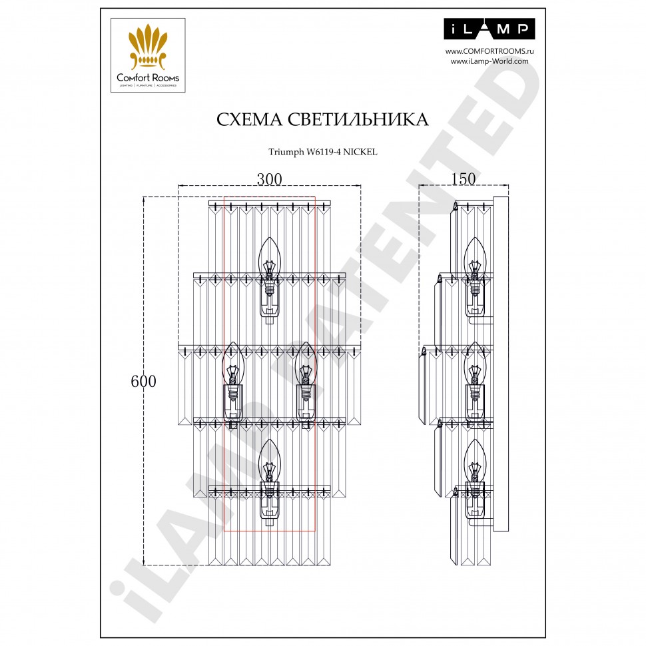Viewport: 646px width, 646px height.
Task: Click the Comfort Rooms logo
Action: (147, 55)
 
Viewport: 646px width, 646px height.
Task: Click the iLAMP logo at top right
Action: (489, 29)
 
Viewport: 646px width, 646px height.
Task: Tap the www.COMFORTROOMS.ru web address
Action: (489, 51)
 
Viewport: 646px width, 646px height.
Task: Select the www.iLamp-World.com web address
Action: (489, 61)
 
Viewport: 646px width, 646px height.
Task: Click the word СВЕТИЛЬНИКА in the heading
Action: (357, 119)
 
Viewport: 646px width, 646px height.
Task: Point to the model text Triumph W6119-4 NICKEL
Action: (322, 152)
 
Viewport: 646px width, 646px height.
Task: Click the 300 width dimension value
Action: (269, 178)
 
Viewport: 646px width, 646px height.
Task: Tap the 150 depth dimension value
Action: (463, 178)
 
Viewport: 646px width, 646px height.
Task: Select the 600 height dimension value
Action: (144, 382)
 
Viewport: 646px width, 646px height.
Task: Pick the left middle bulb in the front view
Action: (233, 363)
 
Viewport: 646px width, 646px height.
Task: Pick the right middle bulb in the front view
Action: (305, 363)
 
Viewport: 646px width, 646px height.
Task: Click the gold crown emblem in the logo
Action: (147, 45)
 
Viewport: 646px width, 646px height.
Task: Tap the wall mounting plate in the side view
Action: (501, 363)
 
